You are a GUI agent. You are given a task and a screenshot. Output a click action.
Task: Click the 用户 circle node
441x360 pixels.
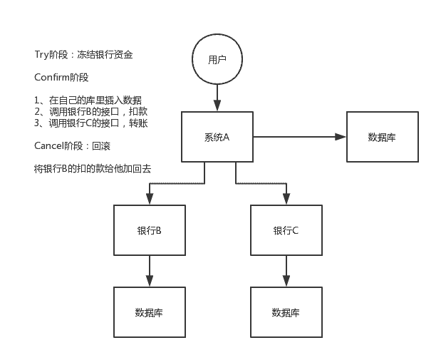click(x=217, y=61)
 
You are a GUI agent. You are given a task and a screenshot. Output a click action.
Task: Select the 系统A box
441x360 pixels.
click(x=217, y=137)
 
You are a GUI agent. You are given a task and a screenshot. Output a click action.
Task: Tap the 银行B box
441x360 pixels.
click(x=150, y=230)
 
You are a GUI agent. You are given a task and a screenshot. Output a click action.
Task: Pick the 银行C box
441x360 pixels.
click(x=286, y=230)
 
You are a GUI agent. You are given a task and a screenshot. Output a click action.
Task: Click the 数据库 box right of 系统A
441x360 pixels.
click(x=382, y=137)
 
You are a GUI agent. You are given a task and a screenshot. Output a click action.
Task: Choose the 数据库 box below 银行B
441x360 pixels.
click(x=150, y=312)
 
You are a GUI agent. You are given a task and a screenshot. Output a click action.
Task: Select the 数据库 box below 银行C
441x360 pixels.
click(x=286, y=312)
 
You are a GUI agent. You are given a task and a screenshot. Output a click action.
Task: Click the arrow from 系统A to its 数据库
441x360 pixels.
click(x=299, y=137)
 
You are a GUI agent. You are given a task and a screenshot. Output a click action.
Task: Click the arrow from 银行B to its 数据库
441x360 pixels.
click(x=150, y=271)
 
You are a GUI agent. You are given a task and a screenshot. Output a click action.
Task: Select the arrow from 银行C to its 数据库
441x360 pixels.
click(x=286, y=271)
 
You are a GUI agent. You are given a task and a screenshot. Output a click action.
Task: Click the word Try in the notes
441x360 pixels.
click(x=41, y=54)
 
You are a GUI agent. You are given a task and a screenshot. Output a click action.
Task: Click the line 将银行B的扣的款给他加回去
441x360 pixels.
click(x=93, y=169)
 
